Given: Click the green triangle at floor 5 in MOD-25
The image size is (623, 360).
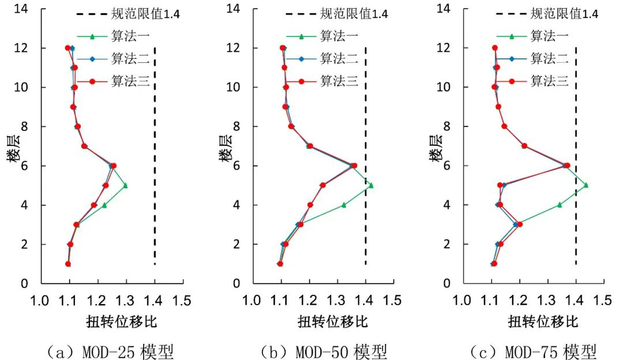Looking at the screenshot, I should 125,185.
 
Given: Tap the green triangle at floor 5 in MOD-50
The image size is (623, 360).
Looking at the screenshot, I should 371,185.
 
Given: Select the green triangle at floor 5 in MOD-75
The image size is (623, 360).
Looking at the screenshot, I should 586,185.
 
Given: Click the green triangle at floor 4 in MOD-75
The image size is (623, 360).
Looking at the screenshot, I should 559,205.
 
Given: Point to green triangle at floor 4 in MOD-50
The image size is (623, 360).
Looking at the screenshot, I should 344,205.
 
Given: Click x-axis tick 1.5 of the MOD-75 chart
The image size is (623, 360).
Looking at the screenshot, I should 604,301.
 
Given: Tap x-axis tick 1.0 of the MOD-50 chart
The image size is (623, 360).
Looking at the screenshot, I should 252,301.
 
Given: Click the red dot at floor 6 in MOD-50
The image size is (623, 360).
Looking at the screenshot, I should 354,166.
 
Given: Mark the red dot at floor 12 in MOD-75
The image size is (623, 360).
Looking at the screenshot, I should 494,48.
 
